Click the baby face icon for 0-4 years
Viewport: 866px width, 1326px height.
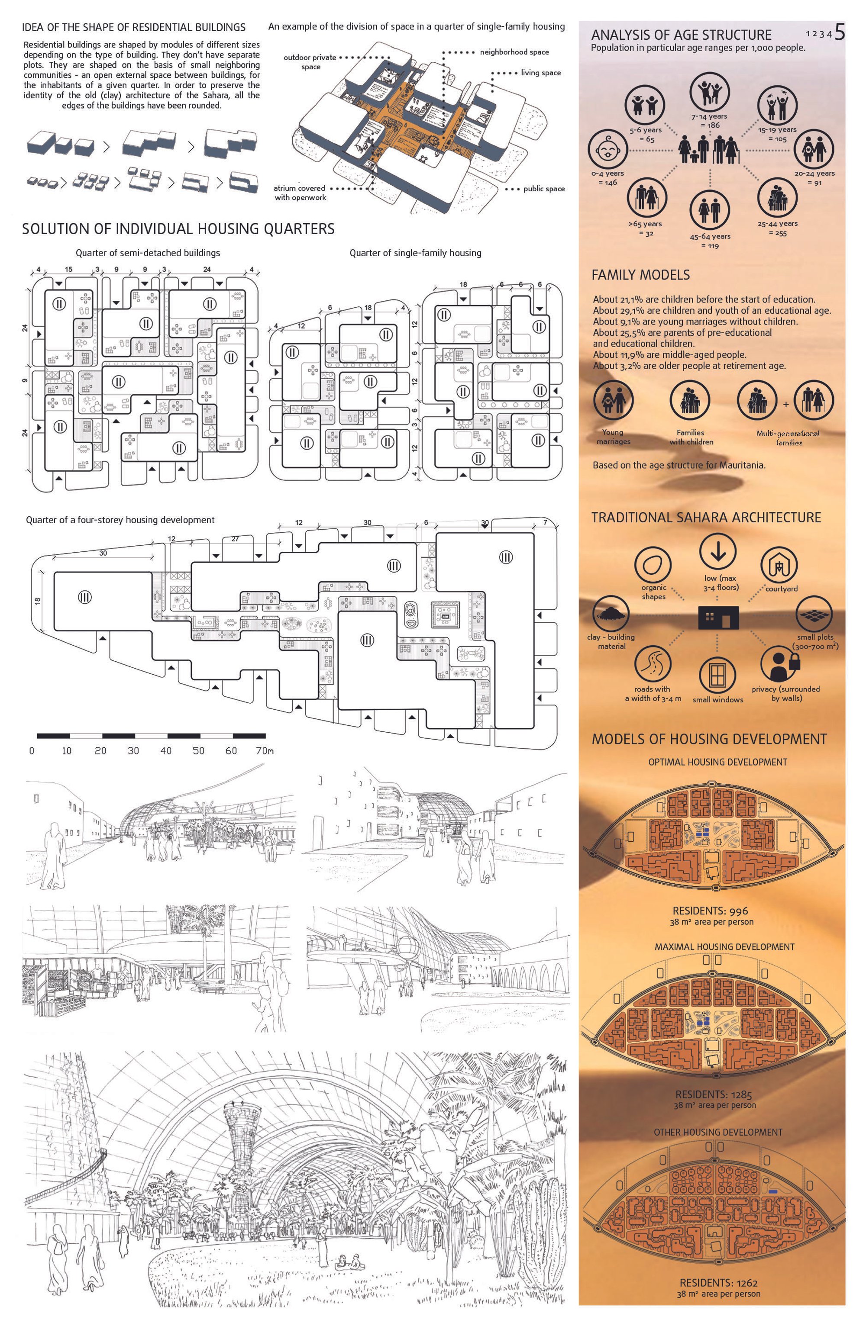click(607, 149)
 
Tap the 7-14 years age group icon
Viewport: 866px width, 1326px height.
click(709, 91)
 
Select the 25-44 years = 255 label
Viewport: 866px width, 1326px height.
click(777, 228)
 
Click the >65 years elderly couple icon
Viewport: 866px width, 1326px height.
click(646, 197)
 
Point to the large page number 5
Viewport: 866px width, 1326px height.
click(839, 33)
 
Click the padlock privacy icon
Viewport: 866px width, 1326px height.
click(779, 663)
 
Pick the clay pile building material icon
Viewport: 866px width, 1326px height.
click(611, 613)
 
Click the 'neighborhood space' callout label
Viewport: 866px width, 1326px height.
click(514, 52)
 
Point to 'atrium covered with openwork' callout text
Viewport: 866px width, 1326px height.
click(300, 193)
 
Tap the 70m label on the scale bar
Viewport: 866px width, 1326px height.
click(265, 750)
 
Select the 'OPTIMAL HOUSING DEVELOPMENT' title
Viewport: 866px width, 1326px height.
click(717, 762)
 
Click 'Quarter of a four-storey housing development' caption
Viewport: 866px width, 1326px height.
click(120, 520)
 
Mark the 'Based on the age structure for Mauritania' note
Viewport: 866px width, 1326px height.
click(679, 465)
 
